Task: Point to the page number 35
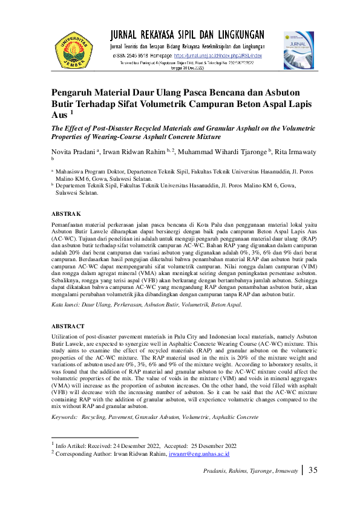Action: pyautogui.click(x=313, y=470)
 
